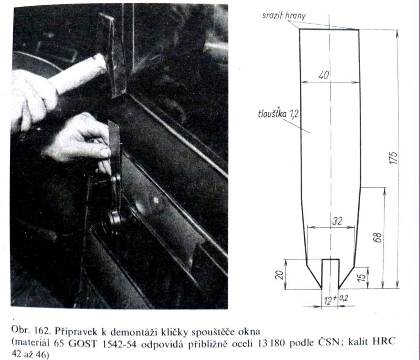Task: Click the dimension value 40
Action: (x=323, y=75)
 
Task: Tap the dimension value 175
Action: (x=394, y=158)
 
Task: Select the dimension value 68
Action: (x=377, y=237)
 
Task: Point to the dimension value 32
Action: (x=337, y=221)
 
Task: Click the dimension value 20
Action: (x=279, y=274)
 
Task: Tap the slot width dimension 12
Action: (x=328, y=301)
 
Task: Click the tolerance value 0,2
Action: (x=343, y=298)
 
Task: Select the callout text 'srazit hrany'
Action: (x=283, y=16)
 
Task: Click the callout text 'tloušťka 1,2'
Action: (x=278, y=113)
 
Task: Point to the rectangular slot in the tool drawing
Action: (x=331, y=274)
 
